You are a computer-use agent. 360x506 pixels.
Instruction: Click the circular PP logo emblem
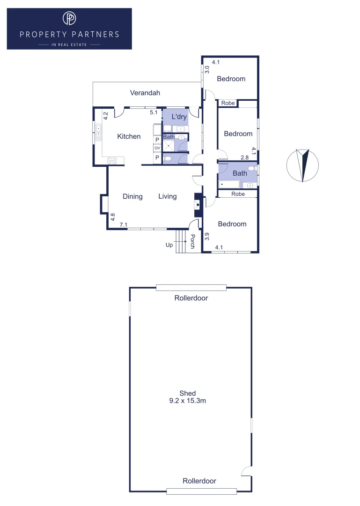[x=69, y=18]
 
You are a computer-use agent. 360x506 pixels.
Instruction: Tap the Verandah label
[x=145, y=93]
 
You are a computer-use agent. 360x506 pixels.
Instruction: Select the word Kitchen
[x=129, y=136]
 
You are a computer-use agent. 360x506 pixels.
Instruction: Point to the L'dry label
[x=179, y=117]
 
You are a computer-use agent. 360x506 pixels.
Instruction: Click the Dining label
[x=132, y=196]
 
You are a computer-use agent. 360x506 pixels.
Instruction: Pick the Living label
[x=167, y=196]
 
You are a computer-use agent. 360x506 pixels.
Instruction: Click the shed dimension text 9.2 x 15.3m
[x=188, y=401]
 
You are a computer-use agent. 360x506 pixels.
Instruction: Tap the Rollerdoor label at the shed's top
[x=191, y=298]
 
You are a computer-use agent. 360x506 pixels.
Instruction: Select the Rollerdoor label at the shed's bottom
[x=199, y=481]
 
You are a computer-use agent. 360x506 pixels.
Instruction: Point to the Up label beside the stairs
[x=169, y=245]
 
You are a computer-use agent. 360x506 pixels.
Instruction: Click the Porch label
[x=192, y=241]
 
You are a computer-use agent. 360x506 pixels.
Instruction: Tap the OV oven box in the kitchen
[x=157, y=148]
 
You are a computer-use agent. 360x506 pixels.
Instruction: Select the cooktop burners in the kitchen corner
[x=112, y=161]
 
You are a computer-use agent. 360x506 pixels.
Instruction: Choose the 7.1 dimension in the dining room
[x=124, y=225]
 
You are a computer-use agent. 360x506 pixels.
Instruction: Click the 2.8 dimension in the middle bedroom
[x=244, y=157]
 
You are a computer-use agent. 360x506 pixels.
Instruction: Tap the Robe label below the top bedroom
[x=228, y=103]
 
